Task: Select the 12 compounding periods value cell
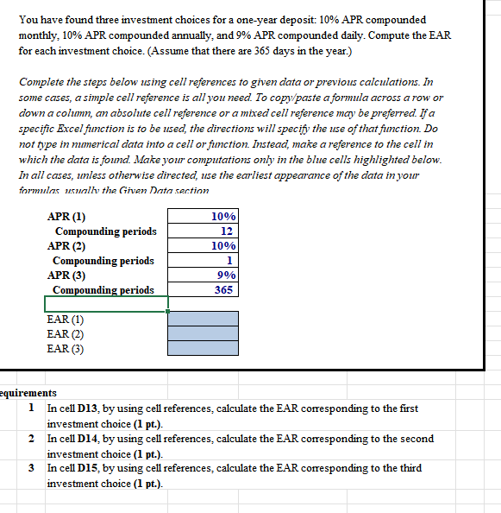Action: (203, 231)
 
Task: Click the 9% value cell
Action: (203, 275)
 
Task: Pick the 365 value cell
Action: (203, 290)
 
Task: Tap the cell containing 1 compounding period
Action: (203, 261)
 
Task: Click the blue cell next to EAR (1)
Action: (203, 320)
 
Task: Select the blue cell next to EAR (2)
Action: (203, 334)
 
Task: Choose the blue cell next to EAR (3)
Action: (203, 349)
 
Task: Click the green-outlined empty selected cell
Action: (105, 304)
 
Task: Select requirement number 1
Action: (32, 408)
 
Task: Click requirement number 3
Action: (32, 468)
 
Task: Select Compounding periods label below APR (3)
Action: (103, 290)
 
